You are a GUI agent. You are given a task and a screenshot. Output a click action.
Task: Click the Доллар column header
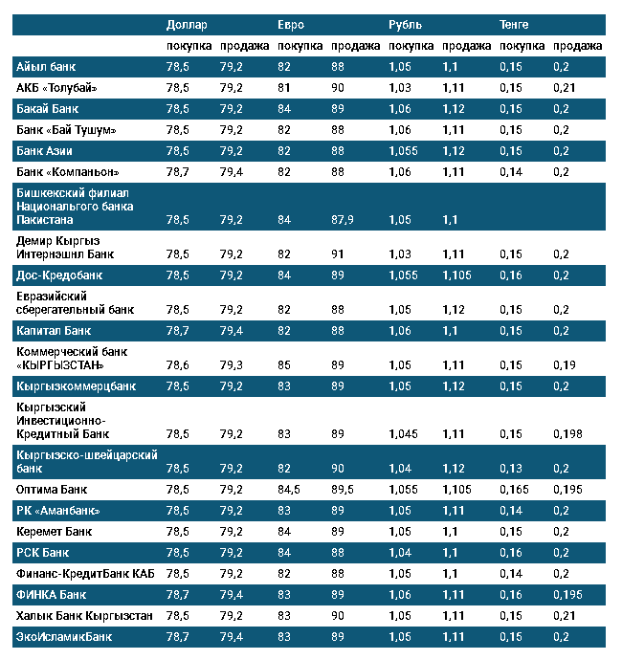[x=187, y=24]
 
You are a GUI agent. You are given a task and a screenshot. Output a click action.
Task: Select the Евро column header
[x=291, y=24]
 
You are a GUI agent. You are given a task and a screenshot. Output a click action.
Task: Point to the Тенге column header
[x=514, y=24]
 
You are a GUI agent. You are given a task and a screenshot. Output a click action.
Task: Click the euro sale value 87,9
[x=344, y=219]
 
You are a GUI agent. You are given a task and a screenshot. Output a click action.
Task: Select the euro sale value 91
[x=338, y=253]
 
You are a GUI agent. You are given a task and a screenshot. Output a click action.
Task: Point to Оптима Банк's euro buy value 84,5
[x=289, y=489]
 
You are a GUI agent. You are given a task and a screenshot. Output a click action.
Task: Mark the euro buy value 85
[x=284, y=364]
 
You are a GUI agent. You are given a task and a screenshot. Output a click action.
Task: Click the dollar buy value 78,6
[x=177, y=364]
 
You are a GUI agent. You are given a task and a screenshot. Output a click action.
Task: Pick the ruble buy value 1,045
[x=404, y=433]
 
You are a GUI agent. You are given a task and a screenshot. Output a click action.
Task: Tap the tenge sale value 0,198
[x=567, y=433]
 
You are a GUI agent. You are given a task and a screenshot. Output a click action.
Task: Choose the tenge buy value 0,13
[x=511, y=468]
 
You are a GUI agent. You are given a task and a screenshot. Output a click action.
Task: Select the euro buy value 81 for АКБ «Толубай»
[x=284, y=88]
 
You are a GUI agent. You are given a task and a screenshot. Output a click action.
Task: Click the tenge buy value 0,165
[x=514, y=489]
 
